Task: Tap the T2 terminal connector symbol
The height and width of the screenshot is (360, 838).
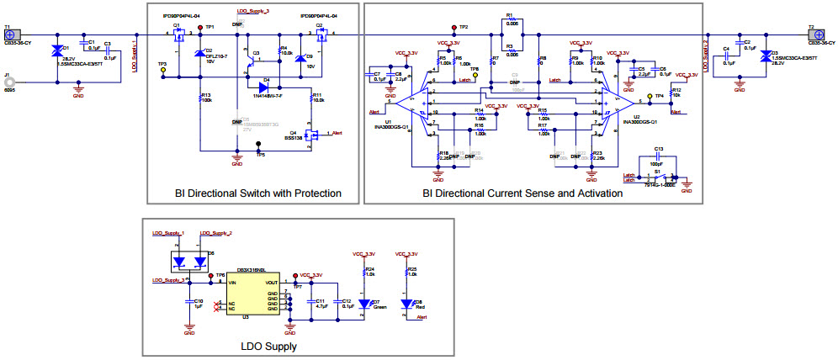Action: (x=814, y=34)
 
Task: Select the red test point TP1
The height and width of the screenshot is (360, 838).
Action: (x=199, y=28)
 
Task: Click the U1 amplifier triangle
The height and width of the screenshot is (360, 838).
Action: (x=411, y=101)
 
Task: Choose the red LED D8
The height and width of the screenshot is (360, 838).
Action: (x=407, y=304)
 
